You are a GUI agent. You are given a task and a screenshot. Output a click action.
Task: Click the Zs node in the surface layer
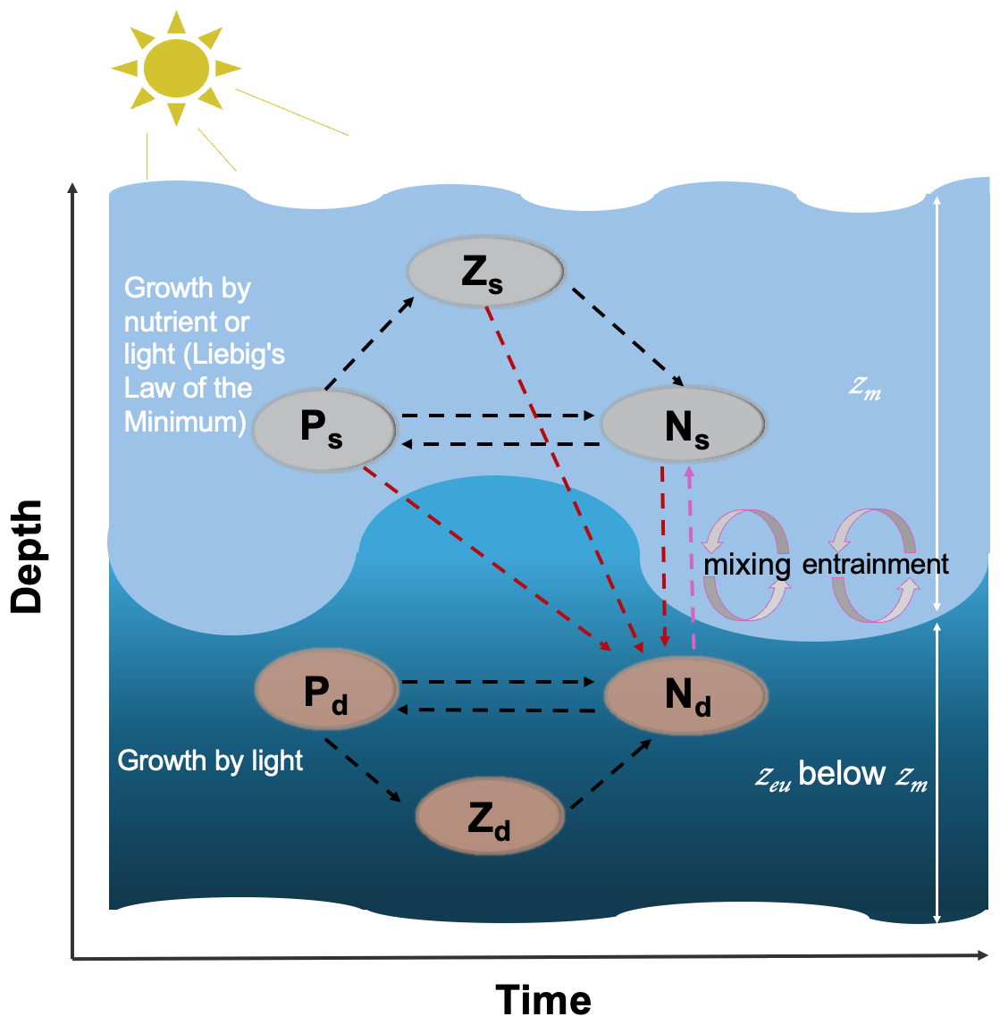(485, 271)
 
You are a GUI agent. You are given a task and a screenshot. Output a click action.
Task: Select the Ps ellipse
(324, 430)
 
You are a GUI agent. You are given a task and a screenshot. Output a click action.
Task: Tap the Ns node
(684, 426)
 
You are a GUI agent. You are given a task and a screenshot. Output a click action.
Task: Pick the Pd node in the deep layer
(326, 692)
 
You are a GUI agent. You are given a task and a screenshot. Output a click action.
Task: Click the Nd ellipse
(685, 694)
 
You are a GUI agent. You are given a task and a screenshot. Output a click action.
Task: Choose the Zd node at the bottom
(490, 817)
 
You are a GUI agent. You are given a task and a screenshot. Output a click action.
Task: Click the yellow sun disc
(176, 68)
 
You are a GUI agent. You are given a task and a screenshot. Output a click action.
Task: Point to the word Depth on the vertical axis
(27, 556)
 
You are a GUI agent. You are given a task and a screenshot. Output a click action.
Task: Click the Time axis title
(543, 1000)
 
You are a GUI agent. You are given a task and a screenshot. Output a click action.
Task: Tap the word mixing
(747, 565)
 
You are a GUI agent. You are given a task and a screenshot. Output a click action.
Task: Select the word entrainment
(876, 564)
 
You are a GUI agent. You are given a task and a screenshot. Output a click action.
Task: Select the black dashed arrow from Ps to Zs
(368, 343)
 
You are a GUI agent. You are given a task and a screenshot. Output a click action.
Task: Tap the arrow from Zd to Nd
(610, 775)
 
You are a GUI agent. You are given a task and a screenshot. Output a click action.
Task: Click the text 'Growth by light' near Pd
(210, 760)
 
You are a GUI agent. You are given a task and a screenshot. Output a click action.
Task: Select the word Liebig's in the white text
(234, 355)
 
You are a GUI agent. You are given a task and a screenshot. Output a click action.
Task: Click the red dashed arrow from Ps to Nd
(483, 554)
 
